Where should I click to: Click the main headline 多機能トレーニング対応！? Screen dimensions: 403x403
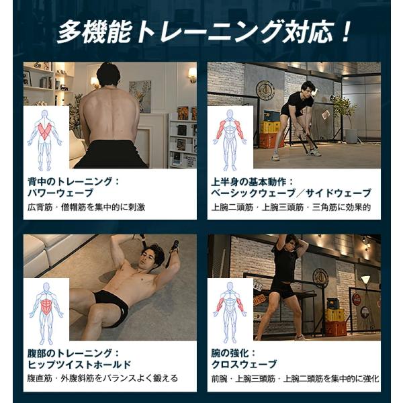tap(203, 32)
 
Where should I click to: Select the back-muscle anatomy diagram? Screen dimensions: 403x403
tap(45, 140)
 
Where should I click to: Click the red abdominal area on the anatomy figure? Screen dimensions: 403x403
tap(46, 308)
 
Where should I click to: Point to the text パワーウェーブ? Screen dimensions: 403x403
tap(60, 193)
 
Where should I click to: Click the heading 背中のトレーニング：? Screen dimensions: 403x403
tap(73, 181)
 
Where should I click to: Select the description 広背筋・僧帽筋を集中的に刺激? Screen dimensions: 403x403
tap(87, 207)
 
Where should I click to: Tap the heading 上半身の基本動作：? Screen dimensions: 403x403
tap(252, 182)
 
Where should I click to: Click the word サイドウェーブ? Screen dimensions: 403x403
tap(339, 193)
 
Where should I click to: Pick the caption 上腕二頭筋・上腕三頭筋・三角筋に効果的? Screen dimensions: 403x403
tap(291, 207)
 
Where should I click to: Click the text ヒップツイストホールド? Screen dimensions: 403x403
tap(79, 364)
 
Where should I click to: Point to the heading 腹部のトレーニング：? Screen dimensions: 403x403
tap(73, 353)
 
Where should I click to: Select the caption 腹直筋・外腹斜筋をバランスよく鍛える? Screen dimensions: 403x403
tap(103, 378)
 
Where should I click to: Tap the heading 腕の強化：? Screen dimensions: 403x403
tap(233, 353)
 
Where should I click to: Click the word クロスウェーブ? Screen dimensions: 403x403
tap(244, 364)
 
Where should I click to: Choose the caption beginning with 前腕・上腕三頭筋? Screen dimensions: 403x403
tap(295, 378)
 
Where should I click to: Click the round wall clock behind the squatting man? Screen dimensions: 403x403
tap(265, 90)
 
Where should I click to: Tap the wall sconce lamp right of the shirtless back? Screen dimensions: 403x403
tap(191, 75)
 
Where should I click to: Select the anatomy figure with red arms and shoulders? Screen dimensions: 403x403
tap(230, 140)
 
